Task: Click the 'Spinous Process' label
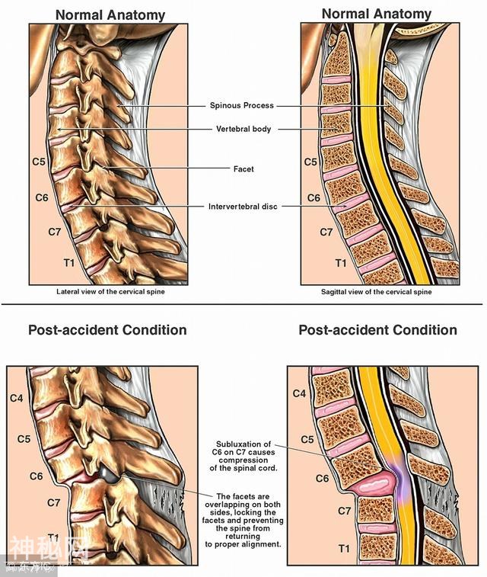(241, 105)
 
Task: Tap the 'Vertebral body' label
(241, 129)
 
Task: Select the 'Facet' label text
(243, 168)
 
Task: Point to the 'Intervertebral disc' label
(241, 206)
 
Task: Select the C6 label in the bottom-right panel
(301, 478)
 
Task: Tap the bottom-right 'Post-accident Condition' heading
(377, 330)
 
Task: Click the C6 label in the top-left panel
(44, 197)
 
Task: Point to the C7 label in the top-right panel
(325, 232)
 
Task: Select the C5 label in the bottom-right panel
(307, 439)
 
